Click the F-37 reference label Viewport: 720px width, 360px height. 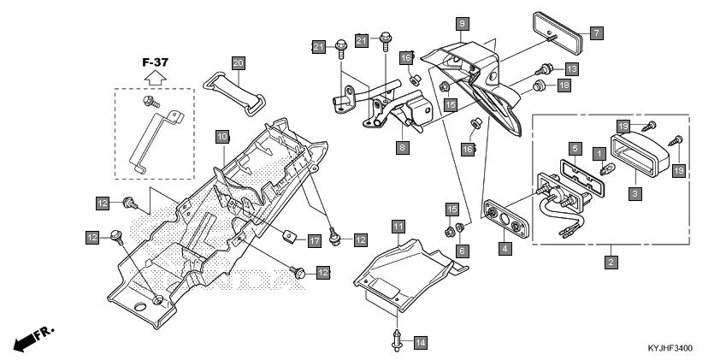(x=155, y=62)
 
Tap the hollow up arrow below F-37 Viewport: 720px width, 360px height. (x=154, y=78)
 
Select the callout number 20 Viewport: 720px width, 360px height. (x=238, y=62)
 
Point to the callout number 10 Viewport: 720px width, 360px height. (x=221, y=137)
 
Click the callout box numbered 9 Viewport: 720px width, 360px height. (x=461, y=23)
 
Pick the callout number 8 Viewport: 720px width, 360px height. (x=401, y=147)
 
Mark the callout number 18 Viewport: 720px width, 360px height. (x=564, y=86)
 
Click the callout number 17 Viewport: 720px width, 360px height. (x=314, y=241)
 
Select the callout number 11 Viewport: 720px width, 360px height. (x=398, y=227)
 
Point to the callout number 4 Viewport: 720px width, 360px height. (x=505, y=250)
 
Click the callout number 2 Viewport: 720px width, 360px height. (x=611, y=262)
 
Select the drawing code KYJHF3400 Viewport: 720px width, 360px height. (x=670, y=349)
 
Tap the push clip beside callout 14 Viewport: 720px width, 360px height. (x=398, y=339)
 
